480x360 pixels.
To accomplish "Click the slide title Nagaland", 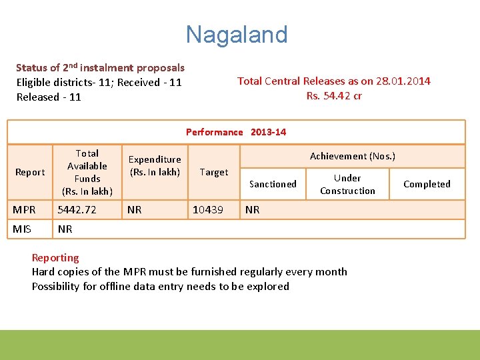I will [237, 34].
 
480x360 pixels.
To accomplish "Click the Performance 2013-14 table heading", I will [236, 132].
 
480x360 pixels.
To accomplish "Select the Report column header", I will [30, 172].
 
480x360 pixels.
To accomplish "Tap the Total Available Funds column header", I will [87, 172].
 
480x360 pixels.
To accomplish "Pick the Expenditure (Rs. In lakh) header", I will [154, 165].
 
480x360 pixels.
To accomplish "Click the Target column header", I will [213, 172].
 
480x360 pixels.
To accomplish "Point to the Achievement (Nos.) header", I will [352, 156].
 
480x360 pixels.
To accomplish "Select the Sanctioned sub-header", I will [273, 184].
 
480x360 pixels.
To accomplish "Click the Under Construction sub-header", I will [347, 184].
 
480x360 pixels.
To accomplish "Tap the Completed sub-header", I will [427, 184].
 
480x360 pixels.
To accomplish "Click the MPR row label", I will [25, 210].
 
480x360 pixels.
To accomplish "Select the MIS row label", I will [23, 229].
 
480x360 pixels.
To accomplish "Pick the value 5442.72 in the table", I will [77, 210].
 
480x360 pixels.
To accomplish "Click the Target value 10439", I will [207, 210].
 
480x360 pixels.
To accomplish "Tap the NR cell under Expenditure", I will [134, 210].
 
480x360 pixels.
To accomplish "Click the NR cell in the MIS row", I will [65, 229].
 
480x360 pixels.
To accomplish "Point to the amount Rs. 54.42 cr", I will [334, 95].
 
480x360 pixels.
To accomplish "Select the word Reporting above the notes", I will [55, 257].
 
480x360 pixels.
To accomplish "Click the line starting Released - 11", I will [49, 97].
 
